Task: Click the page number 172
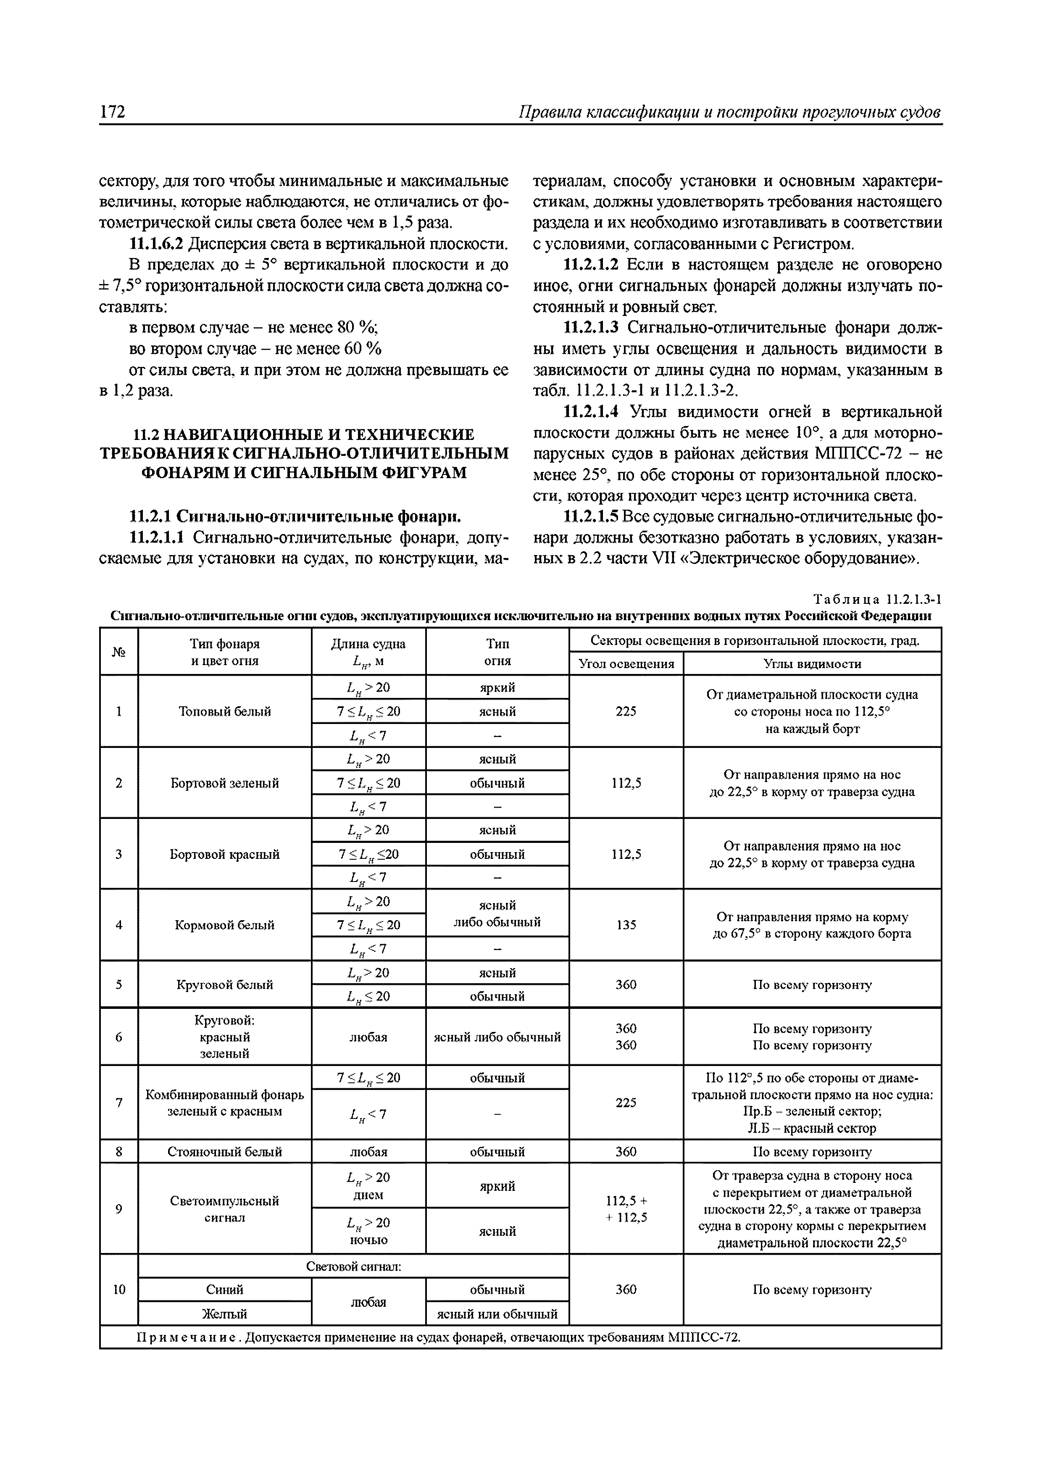tap(112, 112)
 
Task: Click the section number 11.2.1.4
tap(590, 411)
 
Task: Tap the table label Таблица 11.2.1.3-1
tap(876, 600)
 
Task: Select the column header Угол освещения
tap(626, 664)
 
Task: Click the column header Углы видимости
tap(812, 664)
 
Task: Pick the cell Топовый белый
tap(225, 711)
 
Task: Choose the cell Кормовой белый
tap(225, 925)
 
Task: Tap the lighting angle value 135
tap(626, 925)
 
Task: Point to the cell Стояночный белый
tap(225, 1152)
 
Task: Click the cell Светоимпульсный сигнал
tap(225, 1209)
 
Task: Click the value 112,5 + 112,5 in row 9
tap(626, 1209)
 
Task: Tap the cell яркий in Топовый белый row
tap(497, 687)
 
